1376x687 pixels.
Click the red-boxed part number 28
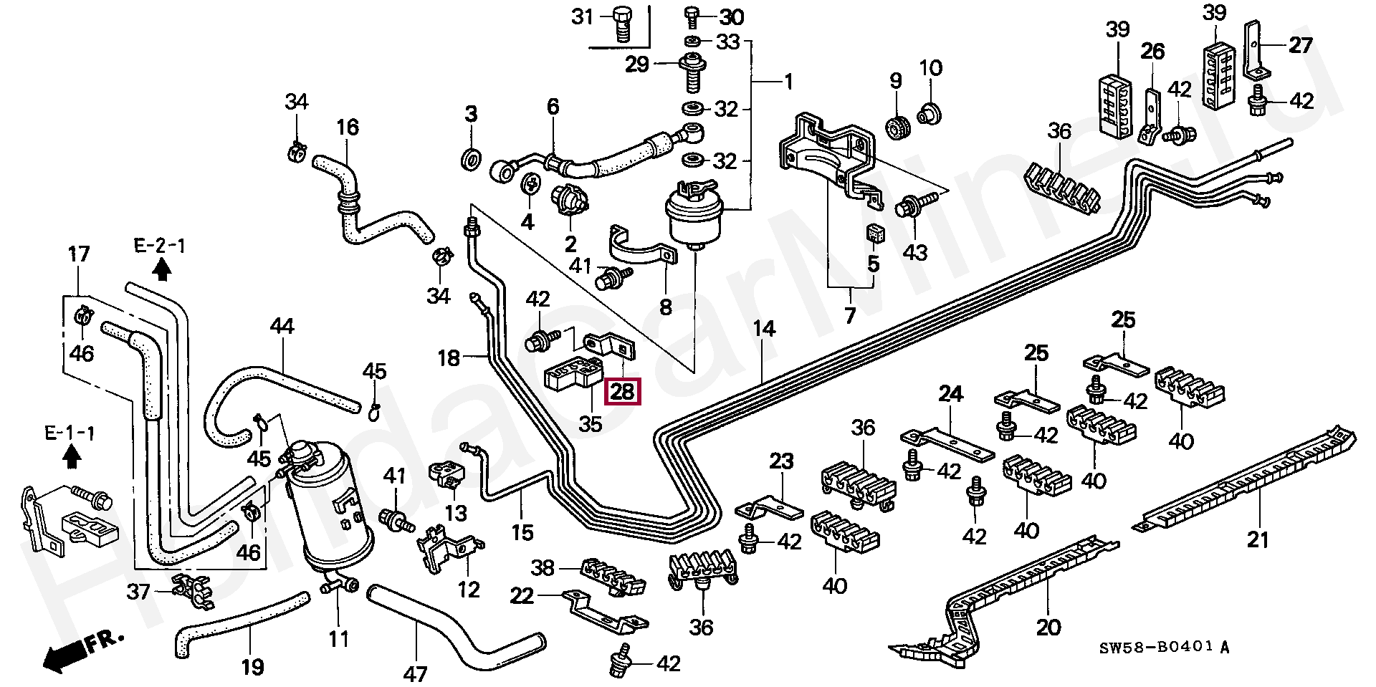[x=621, y=391]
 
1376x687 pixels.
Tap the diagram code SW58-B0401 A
[x=1165, y=648]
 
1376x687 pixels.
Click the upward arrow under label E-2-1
[x=162, y=269]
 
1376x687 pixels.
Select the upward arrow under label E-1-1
[x=70, y=456]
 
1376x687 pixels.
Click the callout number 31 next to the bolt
[x=583, y=16]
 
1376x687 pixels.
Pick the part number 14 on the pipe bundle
[x=765, y=329]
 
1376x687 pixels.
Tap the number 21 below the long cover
[x=1258, y=539]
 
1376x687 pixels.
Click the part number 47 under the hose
[x=415, y=674]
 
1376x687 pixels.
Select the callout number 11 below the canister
[x=339, y=638]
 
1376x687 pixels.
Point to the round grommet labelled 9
[x=897, y=126]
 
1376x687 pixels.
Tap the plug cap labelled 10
[x=930, y=112]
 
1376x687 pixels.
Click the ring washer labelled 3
[x=472, y=159]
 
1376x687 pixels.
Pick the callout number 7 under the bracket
[x=850, y=315]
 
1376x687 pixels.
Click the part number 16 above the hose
[x=348, y=128]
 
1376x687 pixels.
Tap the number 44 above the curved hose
[x=282, y=327]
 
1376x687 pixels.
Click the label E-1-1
[x=70, y=433]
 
